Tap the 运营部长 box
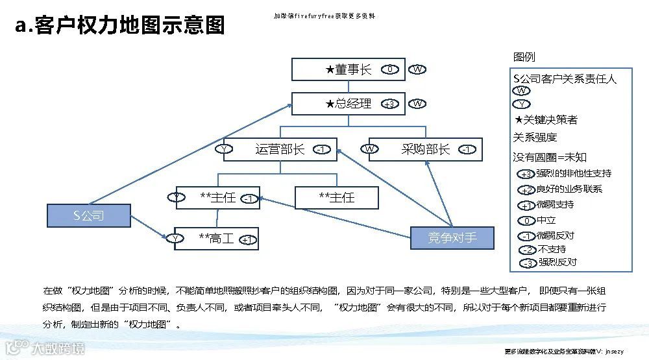pos(280,149)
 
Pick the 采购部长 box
pos(425,149)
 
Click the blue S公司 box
pos(88,215)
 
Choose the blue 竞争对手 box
pos(452,237)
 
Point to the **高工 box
pos(217,239)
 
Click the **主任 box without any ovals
pos(336,198)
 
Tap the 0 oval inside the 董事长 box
pos(389,69)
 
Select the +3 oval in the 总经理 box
pos(389,104)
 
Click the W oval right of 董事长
pos(418,69)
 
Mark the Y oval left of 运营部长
pos(225,149)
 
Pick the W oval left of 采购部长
pos(370,149)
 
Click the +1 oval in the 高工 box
pos(247,239)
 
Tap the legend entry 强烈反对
pos(548,263)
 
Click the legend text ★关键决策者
pos(545,120)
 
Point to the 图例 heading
pos(524,58)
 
